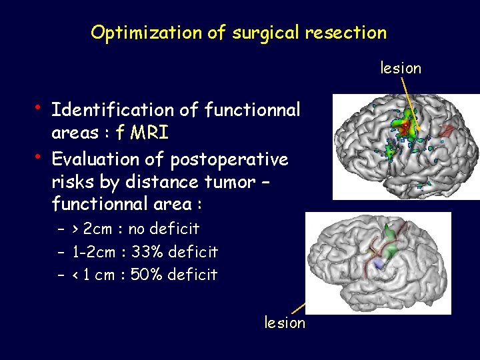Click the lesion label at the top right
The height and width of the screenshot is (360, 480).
[401, 68]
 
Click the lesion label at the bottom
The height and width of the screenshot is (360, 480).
[285, 323]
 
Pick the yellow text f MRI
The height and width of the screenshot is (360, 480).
[142, 133]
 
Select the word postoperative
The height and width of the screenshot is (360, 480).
[229, 160]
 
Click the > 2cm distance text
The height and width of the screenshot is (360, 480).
[93, 229]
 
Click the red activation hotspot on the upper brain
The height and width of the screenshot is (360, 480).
[405, 125]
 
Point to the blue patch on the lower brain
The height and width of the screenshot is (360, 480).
[379, 265]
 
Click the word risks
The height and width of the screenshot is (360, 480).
[71, 182]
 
